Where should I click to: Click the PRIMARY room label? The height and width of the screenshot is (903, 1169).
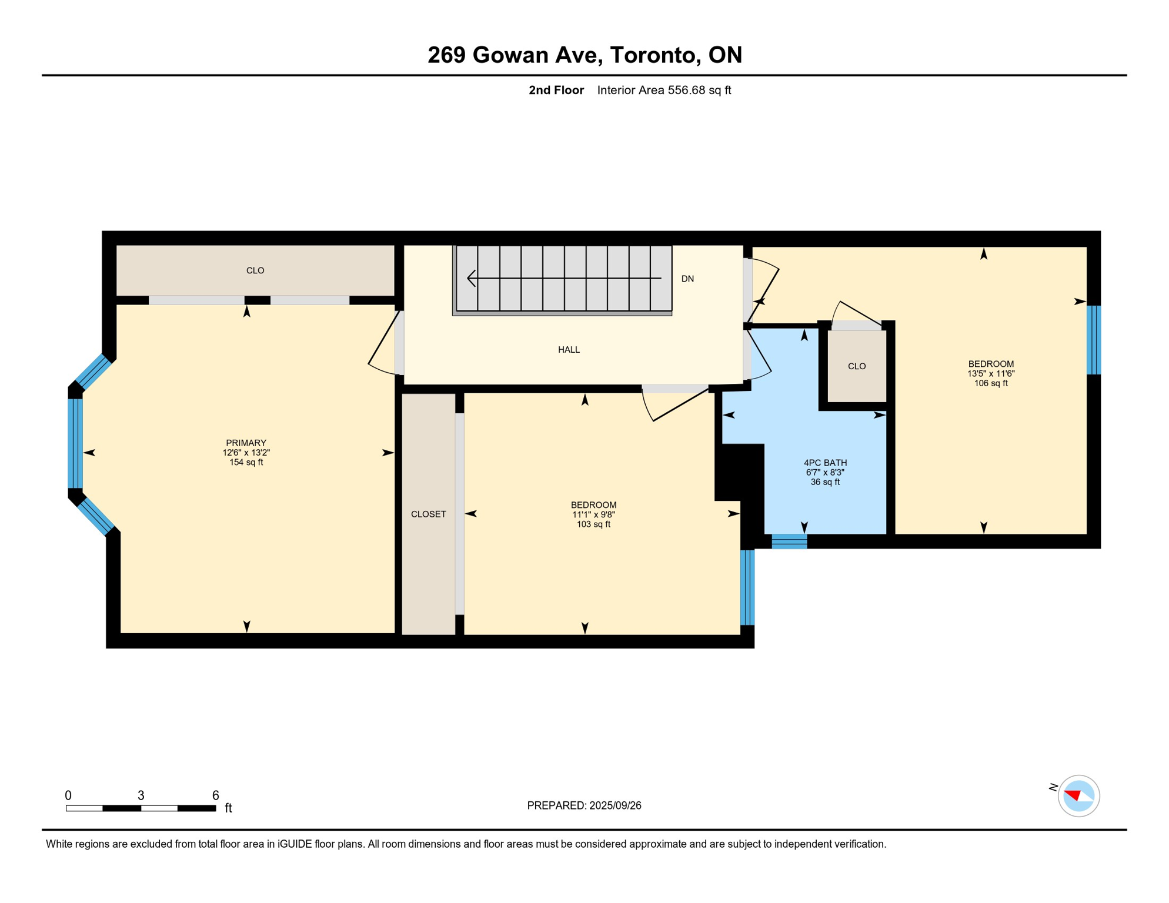(246, 443)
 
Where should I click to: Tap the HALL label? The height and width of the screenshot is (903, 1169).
(569, 350)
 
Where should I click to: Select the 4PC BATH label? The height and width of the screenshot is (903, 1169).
(825, 463)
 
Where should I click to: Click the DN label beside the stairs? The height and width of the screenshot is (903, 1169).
(687, 279)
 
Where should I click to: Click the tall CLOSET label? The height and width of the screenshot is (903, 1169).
(428, 514)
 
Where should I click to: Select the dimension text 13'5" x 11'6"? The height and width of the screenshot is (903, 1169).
(991, 373)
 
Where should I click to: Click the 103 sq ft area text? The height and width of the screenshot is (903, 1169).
(593, 524)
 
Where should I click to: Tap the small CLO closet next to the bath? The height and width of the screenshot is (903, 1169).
(857, 366)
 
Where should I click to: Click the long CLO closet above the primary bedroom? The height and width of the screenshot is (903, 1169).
(255, 270)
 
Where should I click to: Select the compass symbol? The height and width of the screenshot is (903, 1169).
(1078, 796)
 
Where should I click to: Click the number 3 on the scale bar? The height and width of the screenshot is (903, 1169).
(141, 795)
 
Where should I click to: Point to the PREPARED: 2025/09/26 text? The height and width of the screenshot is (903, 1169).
(584, 805)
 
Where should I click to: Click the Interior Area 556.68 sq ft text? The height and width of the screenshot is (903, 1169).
(664, 90)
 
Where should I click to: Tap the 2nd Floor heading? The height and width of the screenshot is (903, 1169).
(556, 90)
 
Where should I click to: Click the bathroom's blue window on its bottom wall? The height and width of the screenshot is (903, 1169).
(789, 541)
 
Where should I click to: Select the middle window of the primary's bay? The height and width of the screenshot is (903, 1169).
(75, 443)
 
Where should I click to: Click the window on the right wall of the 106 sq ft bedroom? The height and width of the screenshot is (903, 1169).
(1093, 340)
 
